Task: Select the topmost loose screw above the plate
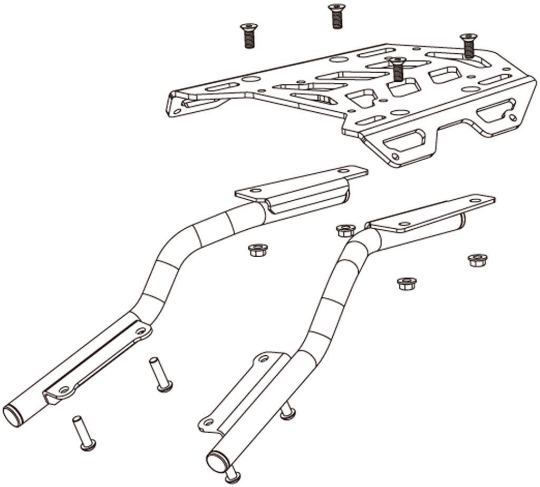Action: (x=334, y=16)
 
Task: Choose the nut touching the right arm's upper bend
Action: (x=345, y=230)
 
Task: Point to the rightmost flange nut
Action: (x=477, y=259)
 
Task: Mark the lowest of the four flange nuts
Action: (x=406, y=283)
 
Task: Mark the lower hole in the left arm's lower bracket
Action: (x=64, y=389)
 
